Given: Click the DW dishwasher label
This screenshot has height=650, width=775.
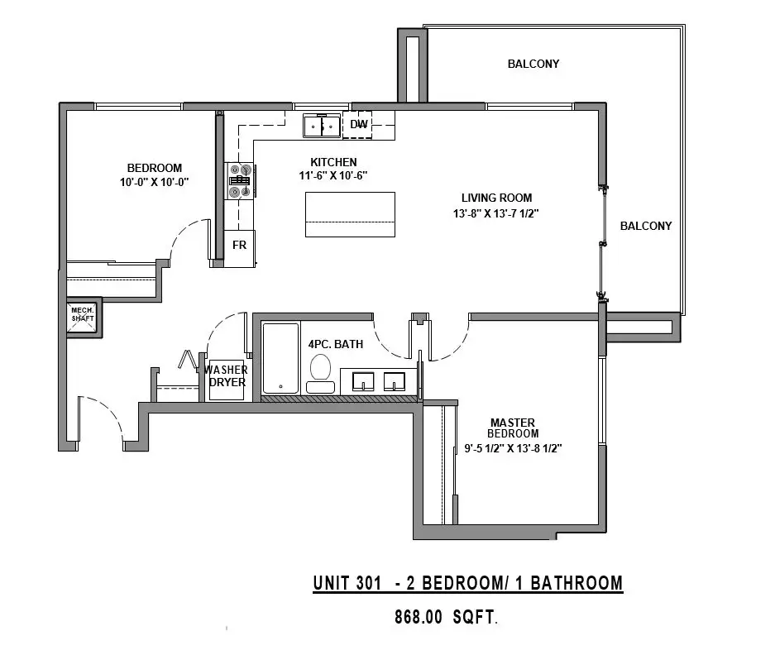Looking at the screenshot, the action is click(359, 124).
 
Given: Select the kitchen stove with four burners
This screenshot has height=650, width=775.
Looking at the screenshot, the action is click(240, 181).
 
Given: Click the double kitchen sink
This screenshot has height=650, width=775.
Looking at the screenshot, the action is click(322, 126).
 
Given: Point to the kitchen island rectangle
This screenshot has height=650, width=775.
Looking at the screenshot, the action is click(350, 214).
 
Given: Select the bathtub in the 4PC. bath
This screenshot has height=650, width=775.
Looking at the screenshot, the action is click(280, 358).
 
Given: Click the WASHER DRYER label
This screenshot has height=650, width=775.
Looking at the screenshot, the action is click(227, 376).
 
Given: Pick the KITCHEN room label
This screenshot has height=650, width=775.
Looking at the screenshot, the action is click(333, 162).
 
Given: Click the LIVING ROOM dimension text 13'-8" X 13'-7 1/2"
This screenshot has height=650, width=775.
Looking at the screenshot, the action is click(495, 213).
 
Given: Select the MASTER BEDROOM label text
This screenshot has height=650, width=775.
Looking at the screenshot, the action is click(513, 428).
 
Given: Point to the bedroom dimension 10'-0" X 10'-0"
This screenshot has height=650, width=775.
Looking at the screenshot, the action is click(154, 182).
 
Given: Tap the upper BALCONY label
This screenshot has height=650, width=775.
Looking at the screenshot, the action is click(533, 64).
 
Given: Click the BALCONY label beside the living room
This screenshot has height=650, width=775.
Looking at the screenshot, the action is click(646, 226).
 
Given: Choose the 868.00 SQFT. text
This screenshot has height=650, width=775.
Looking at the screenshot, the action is click(446, 618).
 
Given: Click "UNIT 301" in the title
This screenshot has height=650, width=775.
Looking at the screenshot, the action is click(347, 583).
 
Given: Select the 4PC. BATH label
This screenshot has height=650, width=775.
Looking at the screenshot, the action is click(336, 344).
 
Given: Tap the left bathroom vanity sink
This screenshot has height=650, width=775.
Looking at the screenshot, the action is click(363, 381).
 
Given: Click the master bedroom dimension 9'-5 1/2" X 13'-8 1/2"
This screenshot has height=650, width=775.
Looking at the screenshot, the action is click(513, 448).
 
